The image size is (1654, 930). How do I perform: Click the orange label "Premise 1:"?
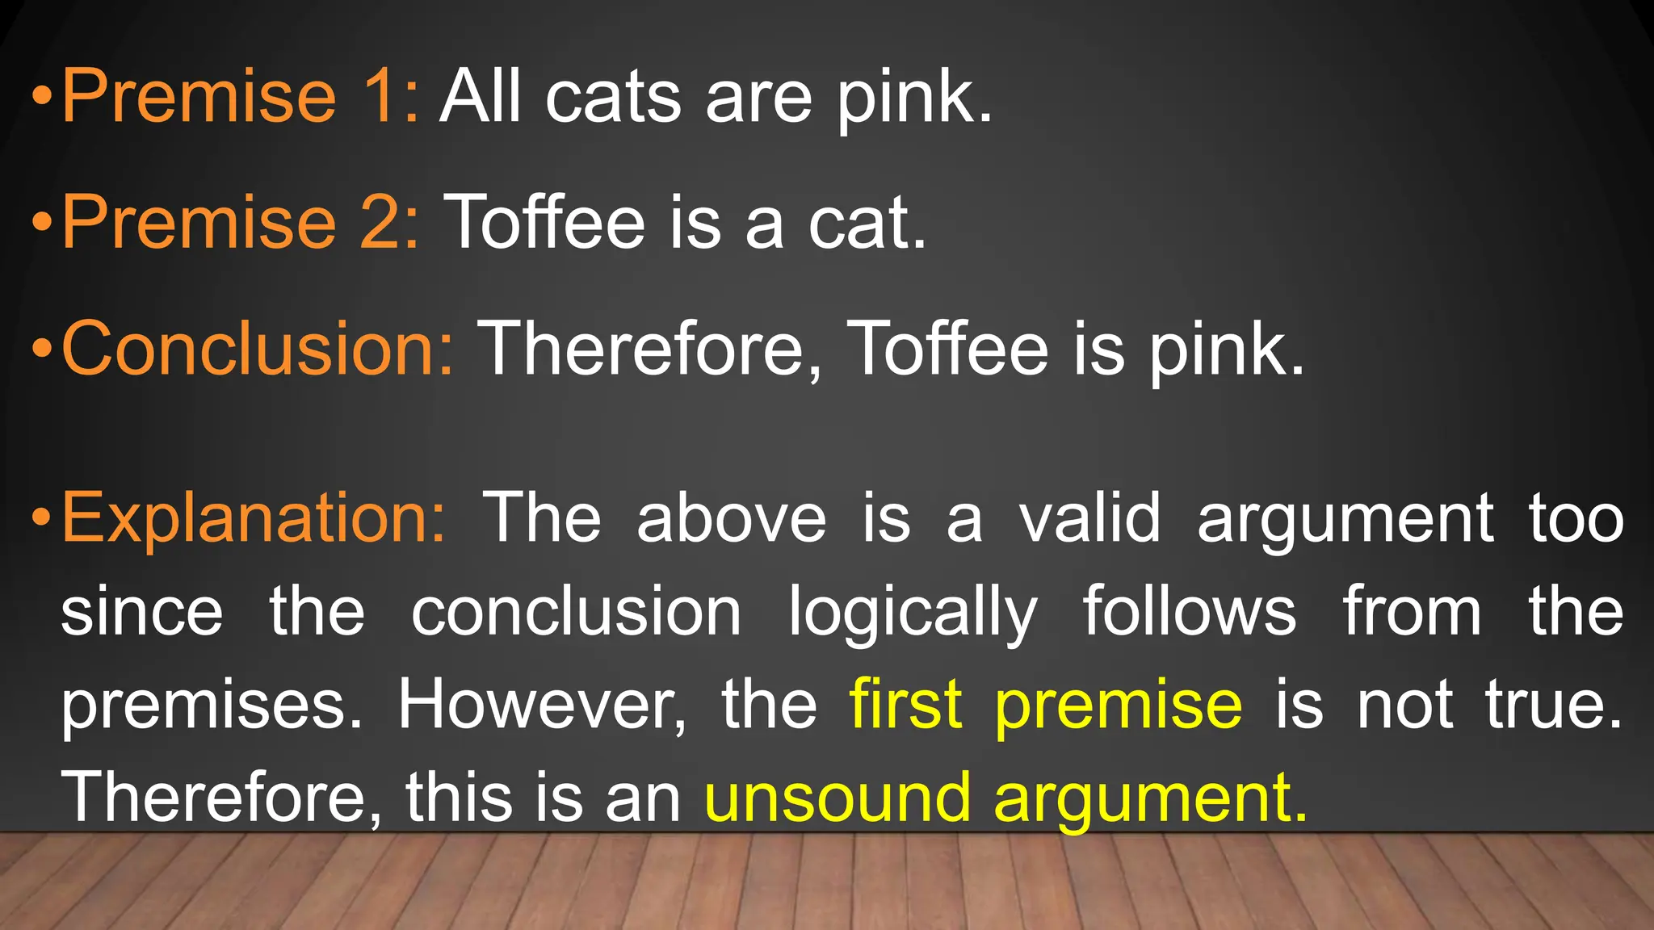tap(241, 96)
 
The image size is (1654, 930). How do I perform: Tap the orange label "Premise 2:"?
tap(241, 222)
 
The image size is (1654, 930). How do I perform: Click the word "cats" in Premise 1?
tap(613, 98)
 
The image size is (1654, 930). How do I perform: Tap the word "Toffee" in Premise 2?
tap(545, 222)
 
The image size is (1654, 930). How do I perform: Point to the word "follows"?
tap(1189, 611)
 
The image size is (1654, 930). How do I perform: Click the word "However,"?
tap(542, 705)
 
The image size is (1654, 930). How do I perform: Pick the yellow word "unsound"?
tap(837, 798)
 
